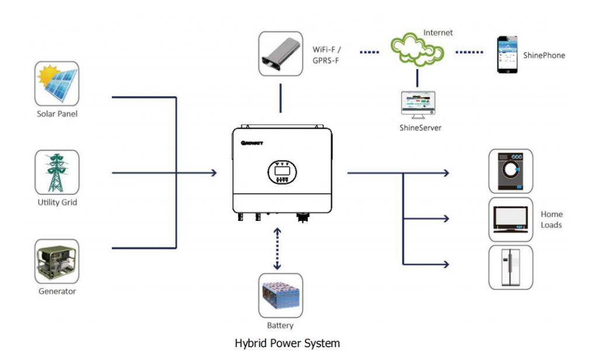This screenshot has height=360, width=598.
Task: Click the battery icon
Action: point(280,296)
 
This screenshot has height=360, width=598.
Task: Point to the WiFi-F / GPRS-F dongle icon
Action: point(280,54)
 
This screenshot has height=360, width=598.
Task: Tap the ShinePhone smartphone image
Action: point(507,55)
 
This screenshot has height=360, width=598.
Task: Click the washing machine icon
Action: point(510,171)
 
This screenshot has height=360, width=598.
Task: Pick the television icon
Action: point(510,219)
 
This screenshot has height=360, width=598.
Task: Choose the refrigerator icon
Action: point(510,267)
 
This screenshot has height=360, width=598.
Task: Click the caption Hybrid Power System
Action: point(287,343)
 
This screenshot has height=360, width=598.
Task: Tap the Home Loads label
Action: point(551,220)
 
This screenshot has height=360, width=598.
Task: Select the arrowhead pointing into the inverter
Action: point(214,173)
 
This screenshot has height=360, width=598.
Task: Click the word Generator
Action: point(57,291)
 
